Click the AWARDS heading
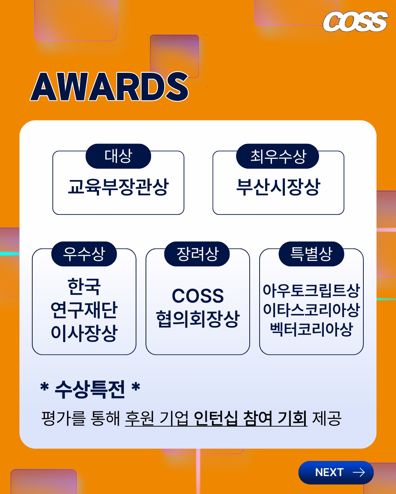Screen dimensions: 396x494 [x=109, y=87]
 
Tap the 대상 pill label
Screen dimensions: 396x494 [x=118, y=156]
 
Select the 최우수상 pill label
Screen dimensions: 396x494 [x=278, y=156]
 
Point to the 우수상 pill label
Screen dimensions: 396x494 [x=84, y=254]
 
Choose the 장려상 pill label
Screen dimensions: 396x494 [x=197, y=254]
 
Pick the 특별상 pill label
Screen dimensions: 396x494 [x=311, y=254]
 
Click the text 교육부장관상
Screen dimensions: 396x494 [x=118, y=187]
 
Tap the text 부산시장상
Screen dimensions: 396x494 [x=278, y=187]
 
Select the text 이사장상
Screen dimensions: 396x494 [x=84, y=333]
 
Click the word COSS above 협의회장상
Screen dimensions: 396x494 [x=198, y=296]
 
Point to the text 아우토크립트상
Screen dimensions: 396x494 [x=311, y=291]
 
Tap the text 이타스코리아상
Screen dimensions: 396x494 [x=311, y=310]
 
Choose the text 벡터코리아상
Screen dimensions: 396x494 [x=311, y=329]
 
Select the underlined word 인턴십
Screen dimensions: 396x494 [x=216, y=418]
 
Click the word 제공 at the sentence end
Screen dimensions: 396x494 [x=326, y=418]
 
